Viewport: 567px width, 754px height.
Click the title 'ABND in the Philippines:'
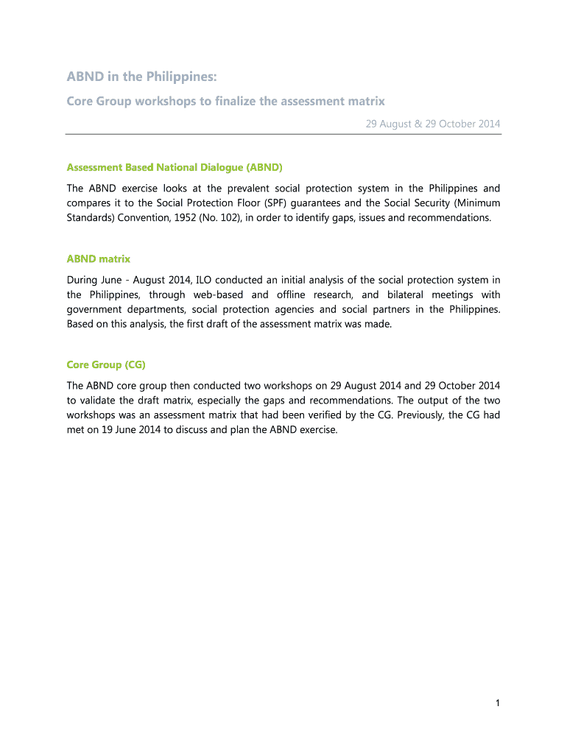[x=142, y=77]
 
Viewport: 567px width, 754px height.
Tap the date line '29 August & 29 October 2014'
[x=433, y=124]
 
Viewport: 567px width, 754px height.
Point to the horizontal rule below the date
[x=283, y=134]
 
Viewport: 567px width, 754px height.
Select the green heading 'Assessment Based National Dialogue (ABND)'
[x=175, y=167]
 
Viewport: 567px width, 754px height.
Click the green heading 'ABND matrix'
[x=98, y=258]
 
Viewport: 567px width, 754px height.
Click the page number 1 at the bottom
[x=498, y=703]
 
